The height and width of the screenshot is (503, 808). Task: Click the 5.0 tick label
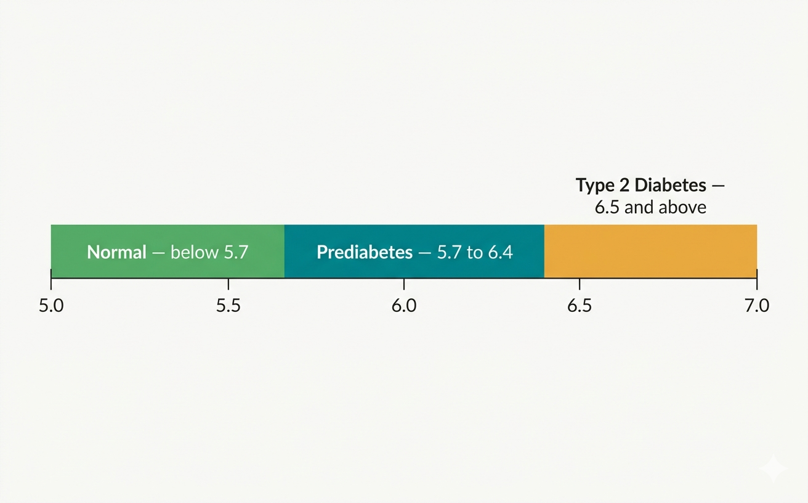(51, 306)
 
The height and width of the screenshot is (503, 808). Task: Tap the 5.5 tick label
(228, 306)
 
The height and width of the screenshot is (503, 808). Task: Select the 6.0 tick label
(404, 306)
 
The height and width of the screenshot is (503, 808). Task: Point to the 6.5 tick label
(580, 306)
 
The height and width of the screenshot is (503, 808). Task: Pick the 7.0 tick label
(756, 306)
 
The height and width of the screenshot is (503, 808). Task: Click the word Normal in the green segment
(117, 252)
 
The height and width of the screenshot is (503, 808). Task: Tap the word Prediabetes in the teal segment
(365, 252)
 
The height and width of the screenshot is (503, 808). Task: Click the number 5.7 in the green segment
(235, 252)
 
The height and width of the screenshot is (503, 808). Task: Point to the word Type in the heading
(595, 186)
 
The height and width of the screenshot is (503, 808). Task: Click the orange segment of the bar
(650, 251)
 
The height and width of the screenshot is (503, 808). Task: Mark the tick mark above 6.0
(404, 284)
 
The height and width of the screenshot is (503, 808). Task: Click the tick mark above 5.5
(228, 284)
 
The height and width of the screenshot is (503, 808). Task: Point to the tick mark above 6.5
(580, 284)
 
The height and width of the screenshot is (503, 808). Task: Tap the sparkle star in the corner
(773, 469)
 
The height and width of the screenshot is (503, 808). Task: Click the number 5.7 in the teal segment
(450, 252)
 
